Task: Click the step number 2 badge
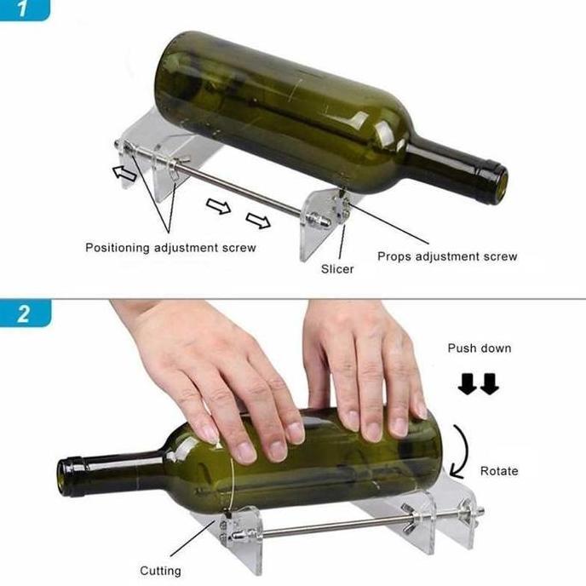click(24, 313)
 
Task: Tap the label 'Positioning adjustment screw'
click(170, 247)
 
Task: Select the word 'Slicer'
click(337, 268)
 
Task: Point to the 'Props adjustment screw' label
click(447, 256)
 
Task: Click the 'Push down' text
click(480, 348)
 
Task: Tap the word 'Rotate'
click(499, 470)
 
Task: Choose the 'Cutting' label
click(160, 570)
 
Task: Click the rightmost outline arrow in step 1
click(258, 221)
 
